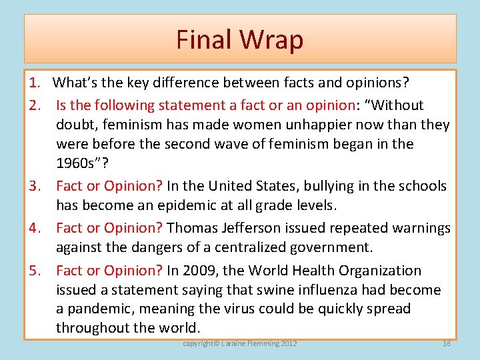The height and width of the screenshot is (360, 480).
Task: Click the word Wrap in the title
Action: point(272,40)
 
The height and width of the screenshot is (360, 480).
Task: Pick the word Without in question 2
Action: point(398,105)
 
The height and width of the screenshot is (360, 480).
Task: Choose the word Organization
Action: point(381,271)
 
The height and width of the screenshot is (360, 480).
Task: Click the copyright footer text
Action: point(240,343)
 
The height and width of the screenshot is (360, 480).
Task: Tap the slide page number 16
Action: point(447,343)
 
